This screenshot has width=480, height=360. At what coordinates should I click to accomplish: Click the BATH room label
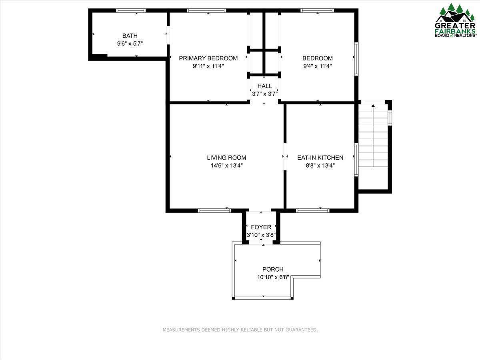pyautogui.click(x=130, y=36)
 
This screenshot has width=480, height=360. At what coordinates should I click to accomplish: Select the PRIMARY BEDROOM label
pyautogui.click(x=208, y=58)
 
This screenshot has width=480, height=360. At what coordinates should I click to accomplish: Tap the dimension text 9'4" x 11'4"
pyautogui.click(x=317, y=66)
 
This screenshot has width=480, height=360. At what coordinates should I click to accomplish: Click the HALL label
pyautogui.click(x=264, y=86)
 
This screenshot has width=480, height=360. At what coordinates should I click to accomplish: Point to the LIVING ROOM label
pyautogui.click(x=226, y=158)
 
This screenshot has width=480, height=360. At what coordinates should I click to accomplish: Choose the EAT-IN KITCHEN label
pyautogui.click(x=320, y=158)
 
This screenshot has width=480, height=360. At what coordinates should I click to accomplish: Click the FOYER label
pyautogui.click(x=261, y=227)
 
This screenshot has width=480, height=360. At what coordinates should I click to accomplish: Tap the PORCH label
pyautogui.click(x=273, y=269)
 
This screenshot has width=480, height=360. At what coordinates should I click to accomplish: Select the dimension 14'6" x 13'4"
pyautogui.click(x=226, y=165)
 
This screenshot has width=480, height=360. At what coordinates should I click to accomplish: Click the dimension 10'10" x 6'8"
pyautogui.click(x=273, y=277)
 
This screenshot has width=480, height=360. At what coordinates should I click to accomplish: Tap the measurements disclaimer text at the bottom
pyautogui.click(x=240, y=330)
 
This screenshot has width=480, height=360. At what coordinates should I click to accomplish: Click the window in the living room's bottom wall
pyautogui.click(x=215, y=210)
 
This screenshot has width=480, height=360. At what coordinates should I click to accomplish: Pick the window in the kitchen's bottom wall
pyautogui.click(x=312, y=210)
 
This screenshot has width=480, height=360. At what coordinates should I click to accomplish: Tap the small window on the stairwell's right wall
pyautogui.click(x=390, y=118)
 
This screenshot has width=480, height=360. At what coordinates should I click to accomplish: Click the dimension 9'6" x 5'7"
pyautogui.click(x=130, y=44)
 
